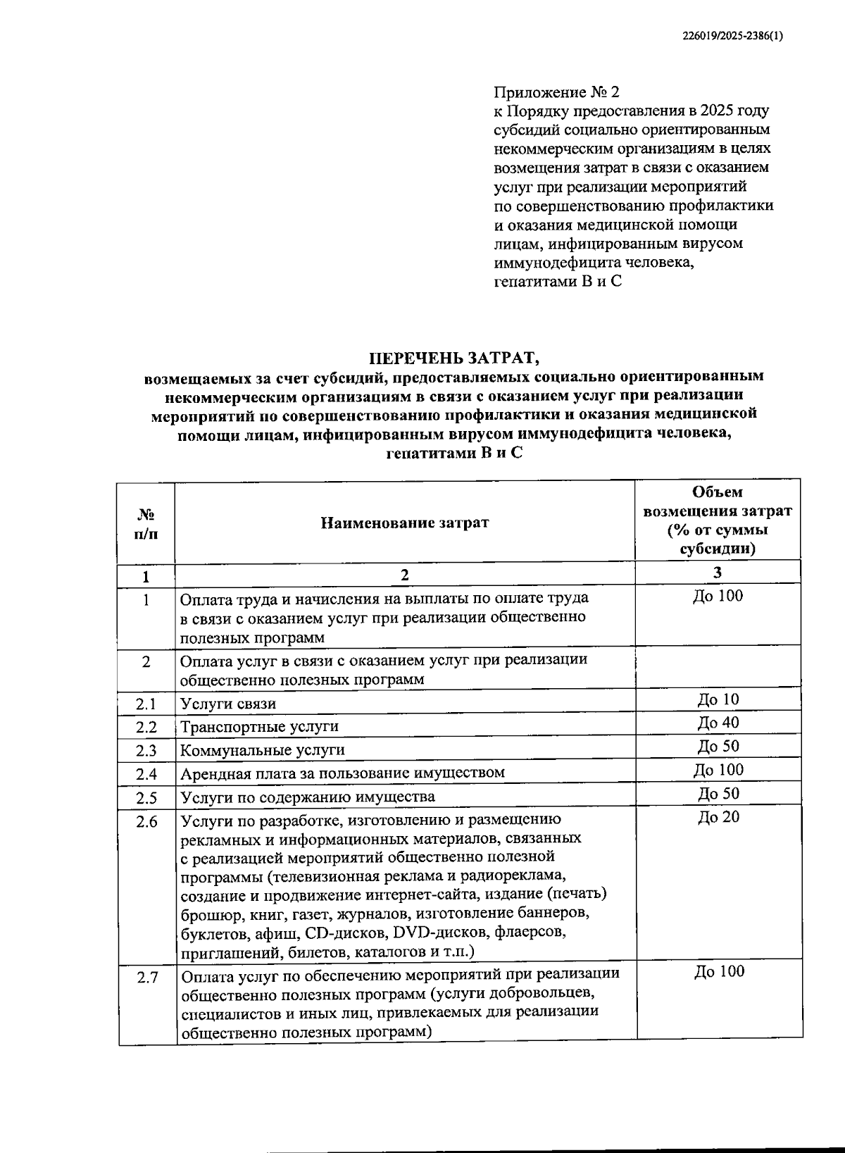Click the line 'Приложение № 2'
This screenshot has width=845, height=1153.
[556, 92]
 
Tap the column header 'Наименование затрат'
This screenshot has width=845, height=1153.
[405, 523]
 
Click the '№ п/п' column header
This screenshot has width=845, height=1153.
[146, 523]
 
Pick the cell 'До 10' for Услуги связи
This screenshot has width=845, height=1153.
[718, 699]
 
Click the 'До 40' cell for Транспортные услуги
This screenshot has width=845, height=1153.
[718, 723]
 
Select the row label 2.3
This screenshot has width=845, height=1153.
[146, 750]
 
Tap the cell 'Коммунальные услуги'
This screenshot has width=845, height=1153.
[263, 750]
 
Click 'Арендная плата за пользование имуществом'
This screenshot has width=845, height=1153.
[342, 773]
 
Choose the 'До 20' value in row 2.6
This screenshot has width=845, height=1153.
[718, 817]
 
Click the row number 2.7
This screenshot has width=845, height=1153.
[147, 978]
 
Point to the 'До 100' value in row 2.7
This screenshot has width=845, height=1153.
[718, 972]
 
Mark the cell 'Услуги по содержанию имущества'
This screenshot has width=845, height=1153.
[308, 797]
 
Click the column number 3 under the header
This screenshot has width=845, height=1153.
[718, 573]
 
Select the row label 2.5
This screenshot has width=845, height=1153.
[146, 797]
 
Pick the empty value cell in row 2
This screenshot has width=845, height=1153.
[718, 669]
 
